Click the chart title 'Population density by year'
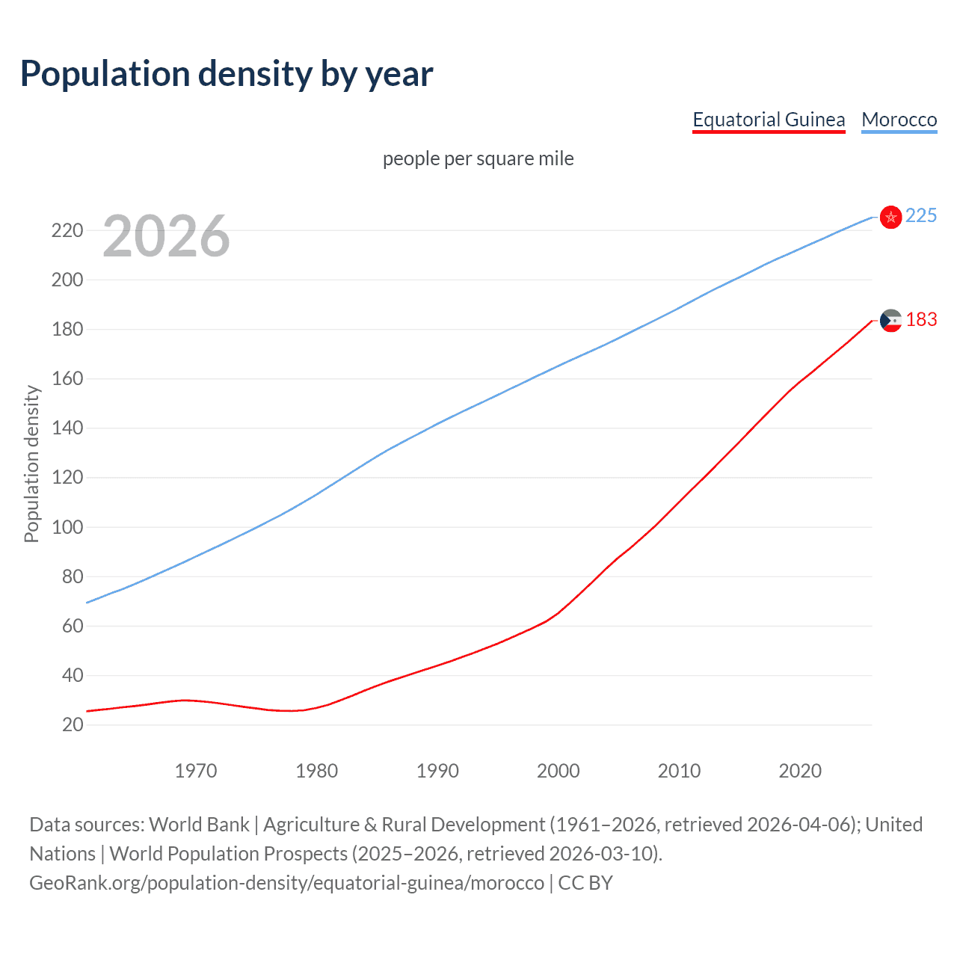tap(227, 74)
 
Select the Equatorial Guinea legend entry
tap(769, 120)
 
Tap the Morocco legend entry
tap(899, 120)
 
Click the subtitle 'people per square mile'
tap(478, 159)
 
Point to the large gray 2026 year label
tap(166, 236)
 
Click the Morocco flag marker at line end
tap(890, 217)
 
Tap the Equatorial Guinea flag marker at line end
tap(890, 321)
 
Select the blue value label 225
tap(920, 216)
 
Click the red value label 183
tap(921, 320)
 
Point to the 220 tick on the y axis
tap(67, 230)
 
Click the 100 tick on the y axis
tap(67, 527)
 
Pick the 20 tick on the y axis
tap(73, 724)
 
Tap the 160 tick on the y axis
tap(67, 379)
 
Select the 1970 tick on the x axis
tap(196, 771)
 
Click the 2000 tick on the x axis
tap(558, 771)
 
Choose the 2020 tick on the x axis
tap(800, 771)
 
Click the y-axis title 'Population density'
tap(31, 464)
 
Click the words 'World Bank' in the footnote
tap(199, 825)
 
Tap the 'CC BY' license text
tap(585, 883)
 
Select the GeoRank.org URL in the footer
tap(286, 883)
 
